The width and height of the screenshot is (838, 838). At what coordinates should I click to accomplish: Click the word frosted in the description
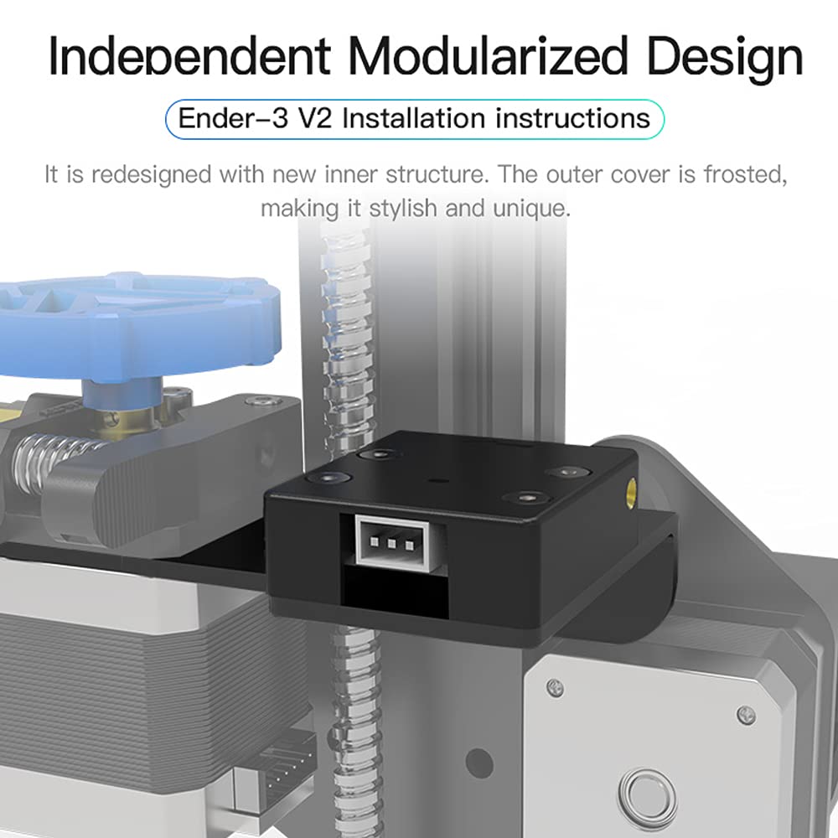tap(745, 175)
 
